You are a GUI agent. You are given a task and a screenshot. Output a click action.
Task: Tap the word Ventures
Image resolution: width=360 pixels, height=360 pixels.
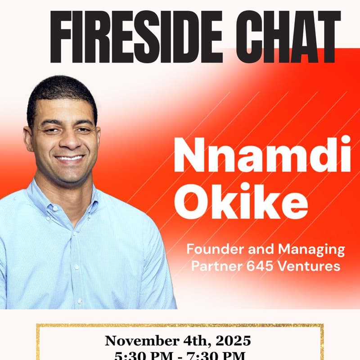[310, 266]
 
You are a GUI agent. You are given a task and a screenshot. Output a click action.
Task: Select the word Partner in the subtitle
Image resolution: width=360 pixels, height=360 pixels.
[214, 266]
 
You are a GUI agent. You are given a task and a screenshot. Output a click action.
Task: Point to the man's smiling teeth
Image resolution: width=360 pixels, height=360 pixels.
[69, 158]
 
